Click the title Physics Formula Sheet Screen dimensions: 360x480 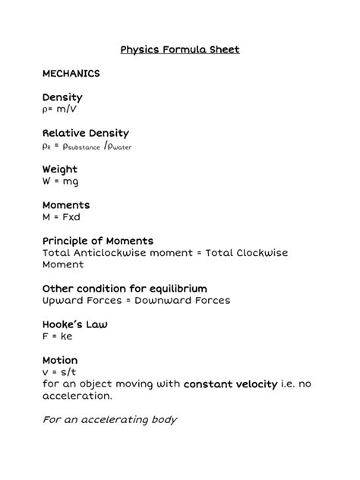[x=180, y=50]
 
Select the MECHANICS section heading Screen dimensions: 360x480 [x=71, y=74]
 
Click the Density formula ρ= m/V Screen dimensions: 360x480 [x=60, y=109]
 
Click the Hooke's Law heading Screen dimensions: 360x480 [x=75, y=324]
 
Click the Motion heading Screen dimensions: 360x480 [x=60, y=360]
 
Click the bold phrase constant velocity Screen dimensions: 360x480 [x=231, y=384]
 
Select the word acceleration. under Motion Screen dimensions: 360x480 [x=77, y=396]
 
